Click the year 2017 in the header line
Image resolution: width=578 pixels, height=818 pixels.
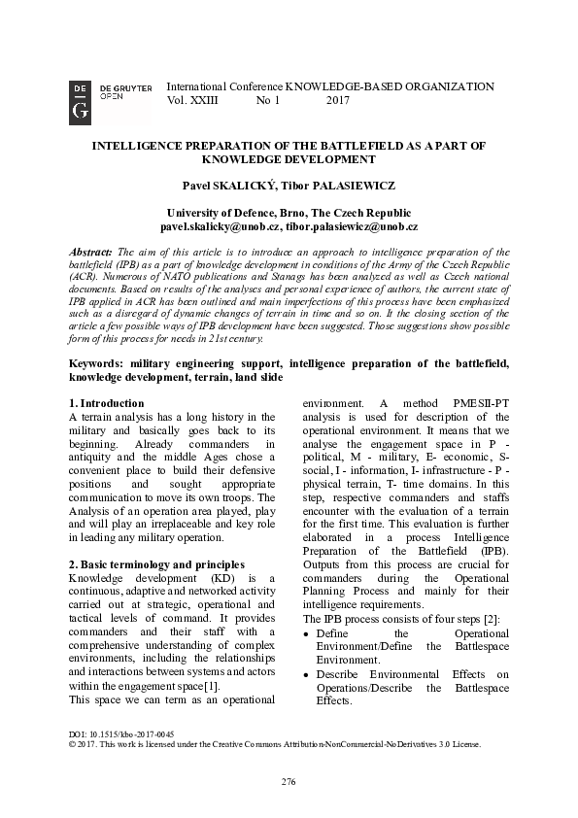point(338,100)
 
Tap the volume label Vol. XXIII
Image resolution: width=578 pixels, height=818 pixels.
point(193,100)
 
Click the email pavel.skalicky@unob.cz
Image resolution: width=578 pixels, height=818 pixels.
point(221,226)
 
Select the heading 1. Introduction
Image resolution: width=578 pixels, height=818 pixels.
point(107,403)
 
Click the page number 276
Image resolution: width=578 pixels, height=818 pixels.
point(289,782)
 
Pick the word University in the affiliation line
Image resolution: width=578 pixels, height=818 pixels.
point(196,213)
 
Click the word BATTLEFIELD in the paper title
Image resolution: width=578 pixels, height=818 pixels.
point(352,145)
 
